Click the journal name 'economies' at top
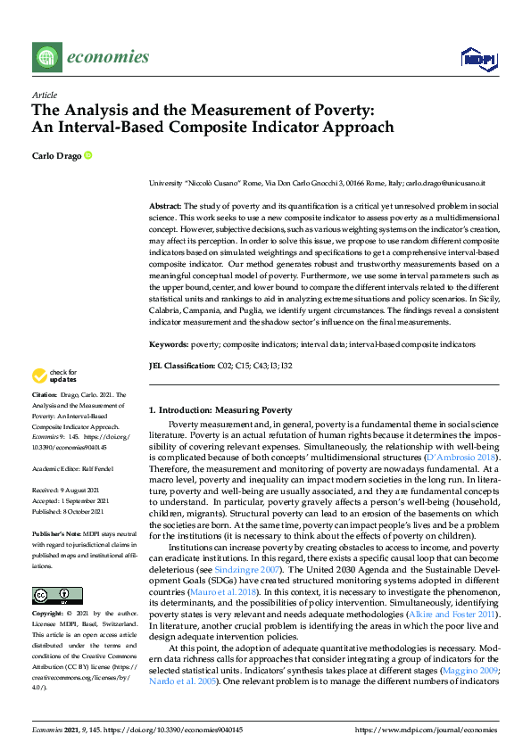108,58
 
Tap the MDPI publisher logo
477,59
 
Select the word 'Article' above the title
45,94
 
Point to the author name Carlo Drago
56,156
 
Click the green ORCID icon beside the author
87,156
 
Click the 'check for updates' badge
54,375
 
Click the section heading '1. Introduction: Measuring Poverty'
220,410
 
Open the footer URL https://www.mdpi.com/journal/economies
426,729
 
